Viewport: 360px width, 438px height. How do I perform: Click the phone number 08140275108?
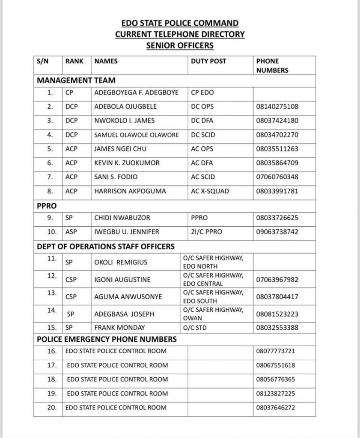277,107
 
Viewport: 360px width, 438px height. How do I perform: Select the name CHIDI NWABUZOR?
122,218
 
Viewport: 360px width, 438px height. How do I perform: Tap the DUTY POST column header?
208,61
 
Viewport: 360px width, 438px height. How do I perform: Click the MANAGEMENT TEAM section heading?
76,80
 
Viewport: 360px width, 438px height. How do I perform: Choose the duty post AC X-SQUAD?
210,191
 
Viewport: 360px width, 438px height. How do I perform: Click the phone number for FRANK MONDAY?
277,328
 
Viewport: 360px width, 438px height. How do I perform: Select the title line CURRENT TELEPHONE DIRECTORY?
180,34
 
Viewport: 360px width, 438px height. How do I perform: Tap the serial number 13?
51,293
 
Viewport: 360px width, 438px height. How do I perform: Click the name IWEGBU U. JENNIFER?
126,232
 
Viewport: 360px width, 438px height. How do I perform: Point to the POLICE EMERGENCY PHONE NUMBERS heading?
107,340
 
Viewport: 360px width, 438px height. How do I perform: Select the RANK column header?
74,61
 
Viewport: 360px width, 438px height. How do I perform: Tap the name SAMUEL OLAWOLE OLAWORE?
137,135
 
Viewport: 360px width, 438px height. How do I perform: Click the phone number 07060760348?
277,177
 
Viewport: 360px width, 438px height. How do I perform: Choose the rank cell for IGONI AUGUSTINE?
71,280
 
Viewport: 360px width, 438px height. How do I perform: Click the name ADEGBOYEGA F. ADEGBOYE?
136,92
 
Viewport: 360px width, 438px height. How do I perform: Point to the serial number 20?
51,407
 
